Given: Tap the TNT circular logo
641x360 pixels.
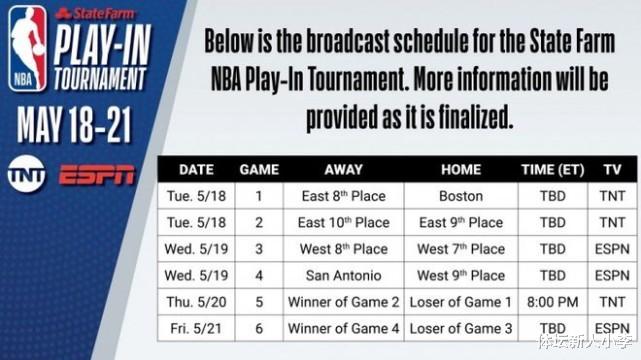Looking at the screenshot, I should (27, 172).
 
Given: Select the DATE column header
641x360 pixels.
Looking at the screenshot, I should (196, 170).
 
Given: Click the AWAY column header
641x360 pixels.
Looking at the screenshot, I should (344, 170).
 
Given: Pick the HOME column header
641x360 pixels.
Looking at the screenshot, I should (460, 170).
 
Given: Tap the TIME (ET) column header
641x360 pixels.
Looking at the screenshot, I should (552, 170).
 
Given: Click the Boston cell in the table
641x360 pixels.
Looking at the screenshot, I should (460, 196).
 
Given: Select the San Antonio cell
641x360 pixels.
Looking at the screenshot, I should (344, 275).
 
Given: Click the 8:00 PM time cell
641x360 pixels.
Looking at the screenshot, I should (552, 301).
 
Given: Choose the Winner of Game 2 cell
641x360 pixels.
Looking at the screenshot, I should (344, 301).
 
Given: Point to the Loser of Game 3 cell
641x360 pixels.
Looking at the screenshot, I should (460, 327).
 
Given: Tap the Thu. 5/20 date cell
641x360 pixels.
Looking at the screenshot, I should (196, 301).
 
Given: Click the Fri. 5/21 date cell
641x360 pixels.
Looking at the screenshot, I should (196, 327).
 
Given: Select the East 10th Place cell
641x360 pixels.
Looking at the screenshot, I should (344, 222).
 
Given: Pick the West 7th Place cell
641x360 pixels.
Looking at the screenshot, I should (460, 248).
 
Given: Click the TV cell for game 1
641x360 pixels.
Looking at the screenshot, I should (611, 196).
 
